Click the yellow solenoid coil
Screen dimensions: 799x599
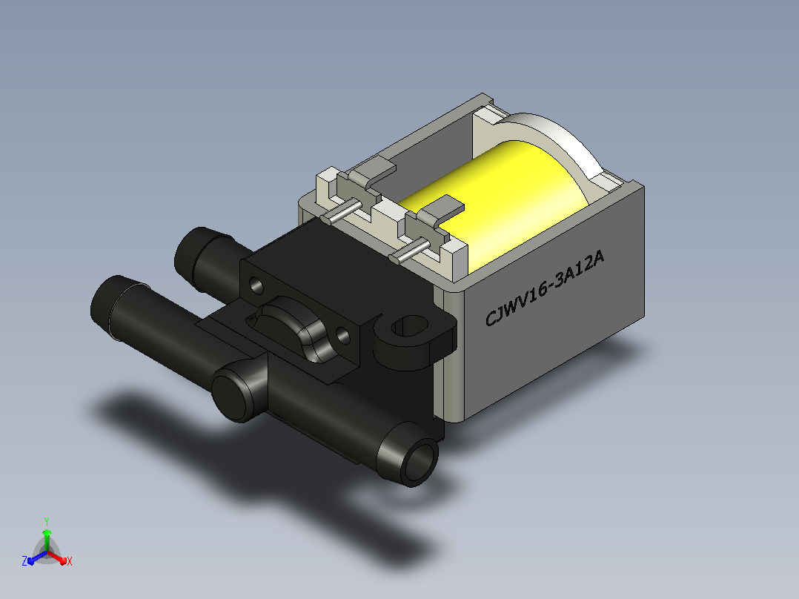click(505, 204)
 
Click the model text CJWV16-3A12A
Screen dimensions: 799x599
click(544, 288)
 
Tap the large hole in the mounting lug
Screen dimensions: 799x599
click(411, 326)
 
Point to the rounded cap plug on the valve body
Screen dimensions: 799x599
click(233, 395)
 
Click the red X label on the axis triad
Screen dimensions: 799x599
click(70, 561)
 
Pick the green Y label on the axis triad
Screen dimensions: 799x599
click(47, 522)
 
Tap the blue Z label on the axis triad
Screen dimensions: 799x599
click(24, 561)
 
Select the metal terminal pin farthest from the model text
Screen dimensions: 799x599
click(341, 212)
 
